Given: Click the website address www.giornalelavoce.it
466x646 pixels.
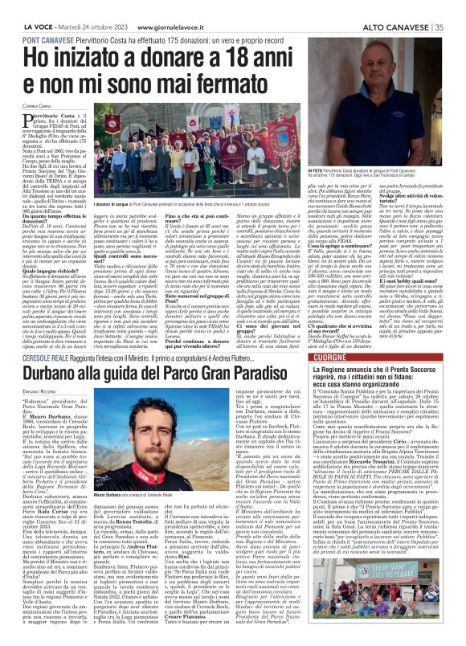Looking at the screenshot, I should pos(153,7).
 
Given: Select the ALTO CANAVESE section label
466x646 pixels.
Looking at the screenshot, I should pos(405,7).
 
